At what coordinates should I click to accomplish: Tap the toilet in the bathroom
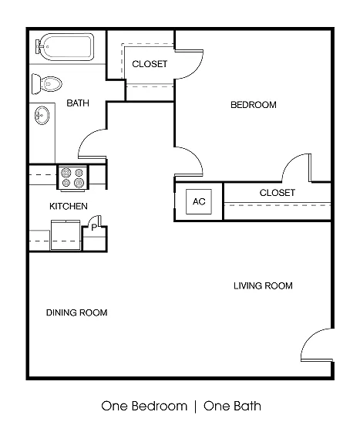47,84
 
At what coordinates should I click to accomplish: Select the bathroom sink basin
42,115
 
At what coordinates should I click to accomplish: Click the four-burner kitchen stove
72,177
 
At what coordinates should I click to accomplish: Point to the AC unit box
199,201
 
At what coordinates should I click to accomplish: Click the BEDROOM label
254,105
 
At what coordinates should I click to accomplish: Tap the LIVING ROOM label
263,286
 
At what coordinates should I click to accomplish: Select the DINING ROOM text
77,312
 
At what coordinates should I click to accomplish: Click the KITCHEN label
69,206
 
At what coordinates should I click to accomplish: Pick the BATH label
78,103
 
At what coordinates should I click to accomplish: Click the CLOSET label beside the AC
278,193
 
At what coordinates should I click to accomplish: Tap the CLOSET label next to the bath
150,64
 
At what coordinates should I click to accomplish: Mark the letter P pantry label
94,228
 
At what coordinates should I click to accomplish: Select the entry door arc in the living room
309,336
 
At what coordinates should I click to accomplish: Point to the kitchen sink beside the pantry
66,235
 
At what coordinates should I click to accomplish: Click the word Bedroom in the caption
160,407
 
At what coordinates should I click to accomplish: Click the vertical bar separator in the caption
195,407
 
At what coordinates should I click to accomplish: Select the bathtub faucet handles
39,47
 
